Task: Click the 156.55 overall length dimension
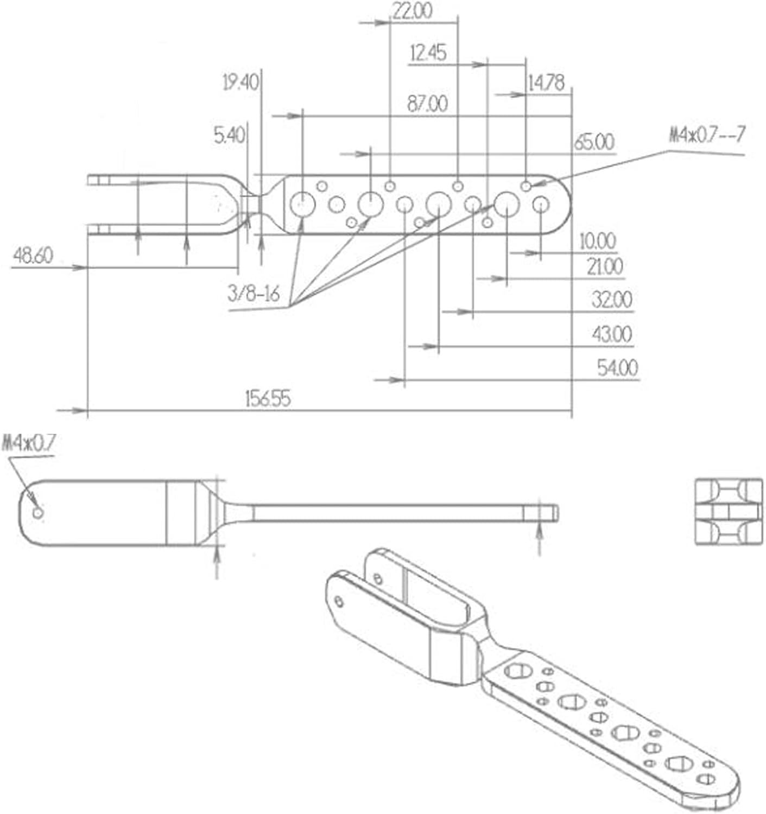(268, 399)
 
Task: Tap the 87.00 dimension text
(428, 104)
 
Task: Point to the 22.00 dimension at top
(412, 11)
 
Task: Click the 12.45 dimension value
(428, 53)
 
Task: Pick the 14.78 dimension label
(546, 83)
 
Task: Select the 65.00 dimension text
(594, 143)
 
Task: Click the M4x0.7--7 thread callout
(707, 135)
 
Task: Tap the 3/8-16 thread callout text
(253, 294)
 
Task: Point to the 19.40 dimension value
(240, 82)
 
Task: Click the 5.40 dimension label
(229, 136)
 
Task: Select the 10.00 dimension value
(598, 241)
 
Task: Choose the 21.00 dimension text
(605, 267)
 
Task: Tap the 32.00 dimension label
(612, 300)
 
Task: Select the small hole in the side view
(38, 512)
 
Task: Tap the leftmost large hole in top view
(302, 205)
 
